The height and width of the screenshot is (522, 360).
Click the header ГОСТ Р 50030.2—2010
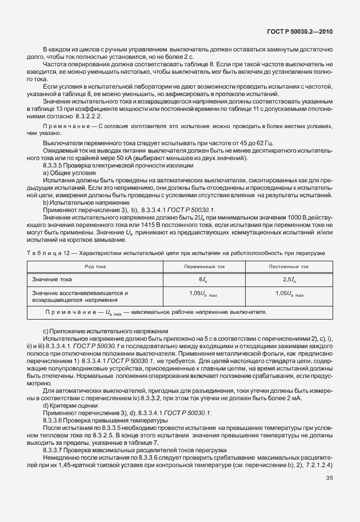pyautogui.click(x=309, y=33)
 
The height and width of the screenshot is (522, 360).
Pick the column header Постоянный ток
pyautogui.click(x=289, y=266)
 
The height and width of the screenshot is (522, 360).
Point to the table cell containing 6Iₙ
pyautogui.click(x=202, y=279)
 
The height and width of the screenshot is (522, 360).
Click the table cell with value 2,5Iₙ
pyautogui.click(x=289, y=279)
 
